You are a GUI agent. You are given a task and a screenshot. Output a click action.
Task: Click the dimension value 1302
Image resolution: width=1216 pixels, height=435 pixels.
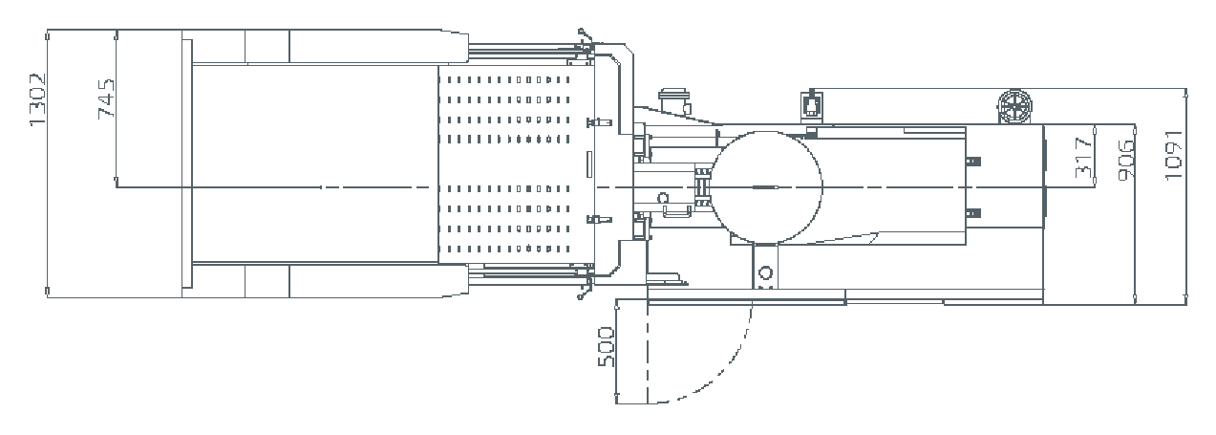coord(38,99)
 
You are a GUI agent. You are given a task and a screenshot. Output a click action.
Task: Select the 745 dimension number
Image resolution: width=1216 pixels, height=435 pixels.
coord(106,98)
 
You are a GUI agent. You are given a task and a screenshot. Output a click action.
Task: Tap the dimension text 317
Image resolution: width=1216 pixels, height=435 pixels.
coord(1083,158)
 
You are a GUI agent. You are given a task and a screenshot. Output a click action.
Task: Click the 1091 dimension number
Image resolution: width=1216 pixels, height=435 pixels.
coord(1173,155)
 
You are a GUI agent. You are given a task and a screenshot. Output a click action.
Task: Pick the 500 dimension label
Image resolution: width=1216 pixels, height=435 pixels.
coord(607,346)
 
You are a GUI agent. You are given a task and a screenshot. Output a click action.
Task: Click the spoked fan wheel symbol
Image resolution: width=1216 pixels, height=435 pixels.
coord(1014,107)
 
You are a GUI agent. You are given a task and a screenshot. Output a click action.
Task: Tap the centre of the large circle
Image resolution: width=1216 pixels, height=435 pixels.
coord(766,187)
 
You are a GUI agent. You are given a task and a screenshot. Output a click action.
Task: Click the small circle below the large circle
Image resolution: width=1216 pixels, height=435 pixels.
coord(765,271)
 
